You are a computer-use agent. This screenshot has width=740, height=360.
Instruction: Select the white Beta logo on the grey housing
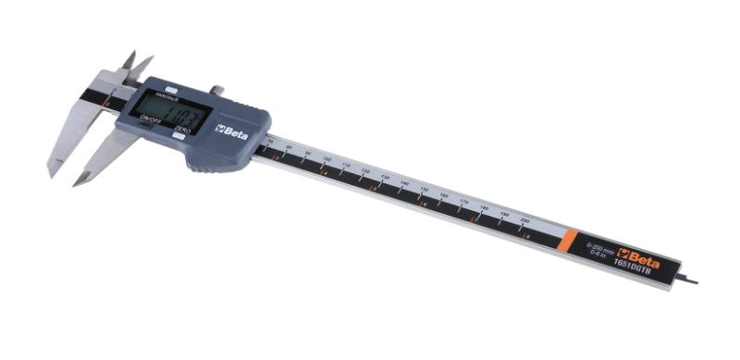[227, 128]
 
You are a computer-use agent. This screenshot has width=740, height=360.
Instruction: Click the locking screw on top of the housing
[215, 90]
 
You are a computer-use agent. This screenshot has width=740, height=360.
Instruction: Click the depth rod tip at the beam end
[689, 281]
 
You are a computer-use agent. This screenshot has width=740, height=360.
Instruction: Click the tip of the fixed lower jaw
[51, 173]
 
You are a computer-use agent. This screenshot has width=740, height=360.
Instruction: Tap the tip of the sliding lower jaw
[78, 182]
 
